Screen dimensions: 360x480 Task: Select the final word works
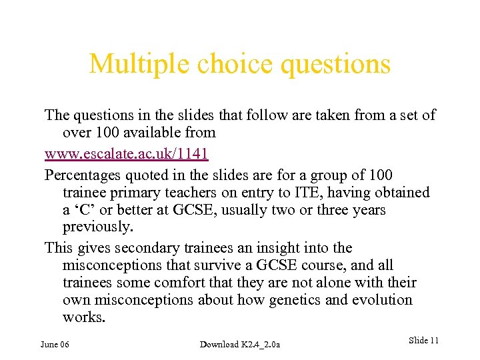point(83,317)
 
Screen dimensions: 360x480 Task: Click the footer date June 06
point(55,344)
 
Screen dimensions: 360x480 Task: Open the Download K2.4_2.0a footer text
point(240,344)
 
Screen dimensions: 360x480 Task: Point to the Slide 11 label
point(423,341)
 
